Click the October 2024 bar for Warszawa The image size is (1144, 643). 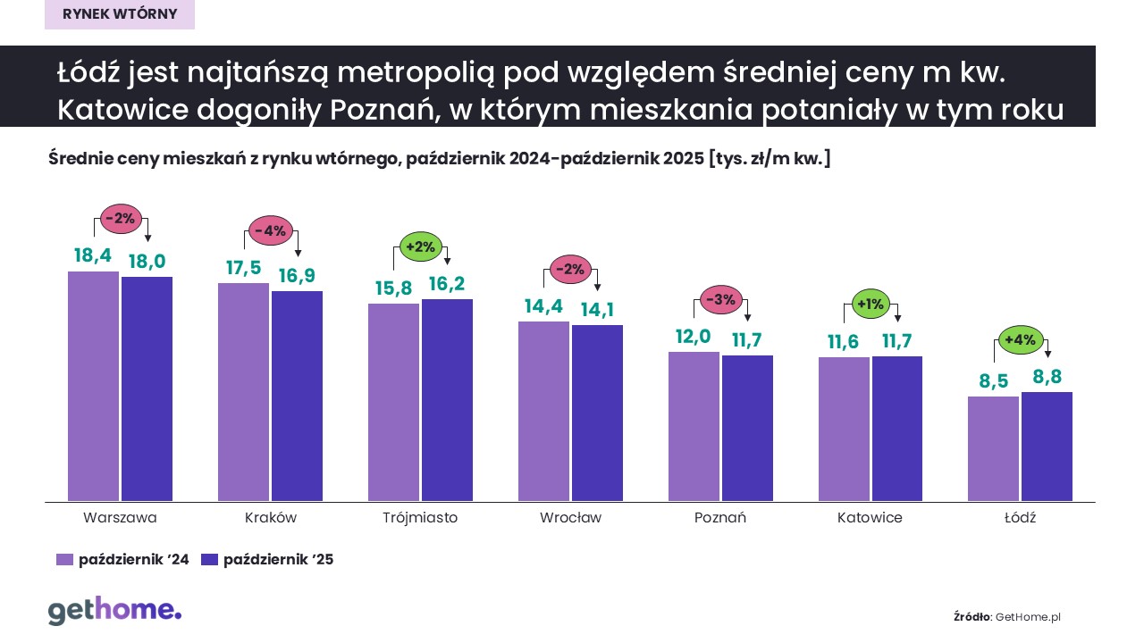93,386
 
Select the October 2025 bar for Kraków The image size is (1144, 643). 297,396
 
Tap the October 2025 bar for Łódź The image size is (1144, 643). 1047,447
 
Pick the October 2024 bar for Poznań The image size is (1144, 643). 694,426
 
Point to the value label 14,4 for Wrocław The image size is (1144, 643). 543,306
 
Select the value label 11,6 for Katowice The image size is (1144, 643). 844,341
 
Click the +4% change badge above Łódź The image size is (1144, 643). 1020,339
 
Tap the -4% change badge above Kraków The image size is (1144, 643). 270,230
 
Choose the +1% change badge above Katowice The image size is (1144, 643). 870,304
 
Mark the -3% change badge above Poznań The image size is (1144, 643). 719,299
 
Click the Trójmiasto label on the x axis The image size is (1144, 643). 420,518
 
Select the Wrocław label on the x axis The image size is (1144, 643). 570,518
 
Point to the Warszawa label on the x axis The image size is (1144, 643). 120,518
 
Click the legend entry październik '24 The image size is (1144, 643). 122,560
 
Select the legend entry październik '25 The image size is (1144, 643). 267,560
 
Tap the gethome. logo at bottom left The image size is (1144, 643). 114,611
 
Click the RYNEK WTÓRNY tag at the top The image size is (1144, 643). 120,14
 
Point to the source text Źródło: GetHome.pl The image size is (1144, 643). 1007,616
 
